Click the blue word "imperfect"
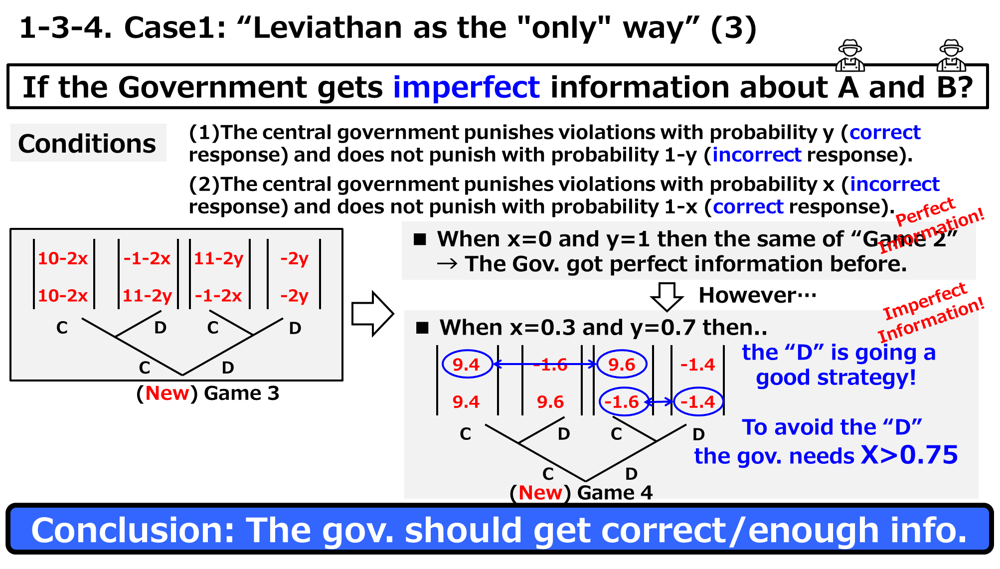pos(466,88)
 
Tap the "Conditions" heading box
pos(88,143)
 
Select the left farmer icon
pos(850,56)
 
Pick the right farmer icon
pos(951,56)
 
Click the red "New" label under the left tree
pos(167,393)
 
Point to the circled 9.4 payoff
pos(466,365)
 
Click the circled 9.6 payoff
pos(622,365)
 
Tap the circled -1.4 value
pos(698,402)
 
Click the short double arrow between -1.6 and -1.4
pos(661,401)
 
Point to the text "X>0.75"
pos(909,455)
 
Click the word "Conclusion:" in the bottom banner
pos(133,530)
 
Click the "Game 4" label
pos(615,492)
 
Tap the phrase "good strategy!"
pos(835,378)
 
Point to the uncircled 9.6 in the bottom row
pos(550,402)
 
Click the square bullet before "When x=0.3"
pos(423,328)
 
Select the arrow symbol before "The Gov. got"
pos(447,264)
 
